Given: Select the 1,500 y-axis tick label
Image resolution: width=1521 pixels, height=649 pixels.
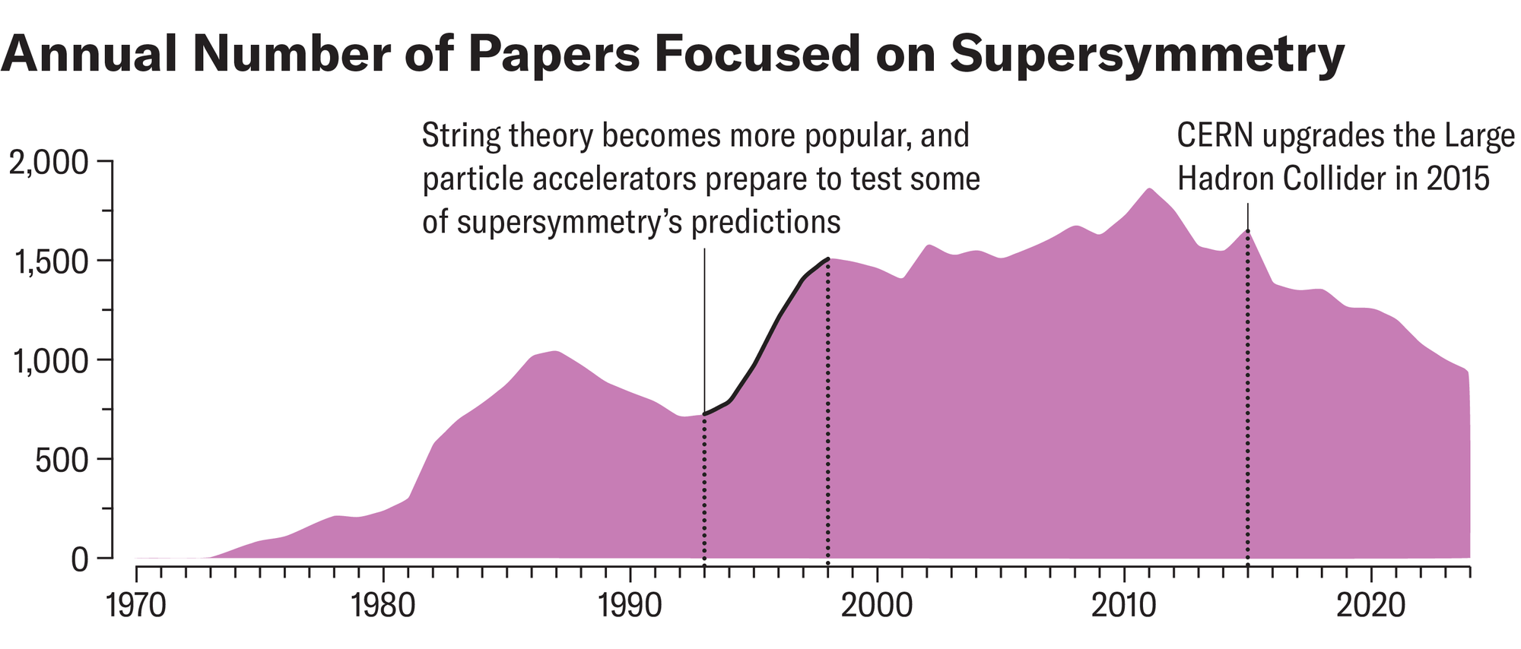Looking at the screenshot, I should pyautogui.click(x=50, y=261).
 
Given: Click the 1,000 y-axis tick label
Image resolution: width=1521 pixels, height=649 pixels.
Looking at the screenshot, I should pyautogui.click(x=50, y=360).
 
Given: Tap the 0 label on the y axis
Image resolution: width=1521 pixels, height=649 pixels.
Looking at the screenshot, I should pyautogui.click(x=80, y=559).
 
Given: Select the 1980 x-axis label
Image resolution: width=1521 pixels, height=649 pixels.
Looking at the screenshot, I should pyautogui.click(x=383, y=606).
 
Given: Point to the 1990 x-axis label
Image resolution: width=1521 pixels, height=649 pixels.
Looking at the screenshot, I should pyautogui.click(x=630, y=606).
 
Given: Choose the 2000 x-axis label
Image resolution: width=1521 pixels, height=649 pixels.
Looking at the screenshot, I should pyautogui.click(x=877, y=606).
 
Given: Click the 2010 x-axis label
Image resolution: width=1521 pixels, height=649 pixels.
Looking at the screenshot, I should pyautogui.click(x=1123, y=606).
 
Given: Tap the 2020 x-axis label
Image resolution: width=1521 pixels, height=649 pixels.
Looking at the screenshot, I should pyautogui.click(x=1370, y=606).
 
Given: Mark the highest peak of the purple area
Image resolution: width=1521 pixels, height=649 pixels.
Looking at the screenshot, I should pyautogui.click(x=1148, y=190).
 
